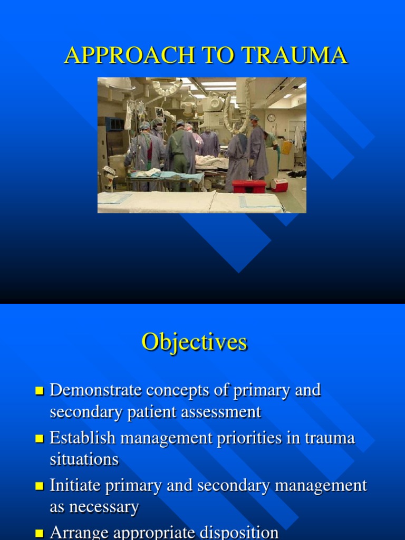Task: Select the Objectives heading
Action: pyautogui.click(x=194, y=342)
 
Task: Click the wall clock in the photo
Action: pyautogui.click(x=271, y=118)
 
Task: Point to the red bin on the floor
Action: pyautogui.click(x=249, y=186)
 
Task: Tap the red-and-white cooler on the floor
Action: pyautogui.click(x=279, y=184)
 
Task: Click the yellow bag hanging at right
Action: pyautogui.click(x=286, y=147)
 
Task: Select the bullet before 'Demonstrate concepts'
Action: pyautogui.click(x=40, y=391)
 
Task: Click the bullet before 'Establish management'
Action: pyautogui.click(x=40, y=439)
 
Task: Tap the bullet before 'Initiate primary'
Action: pyautogui.click(x=40, y=486)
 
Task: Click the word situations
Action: pyautogui.click(x=84, y=459)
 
